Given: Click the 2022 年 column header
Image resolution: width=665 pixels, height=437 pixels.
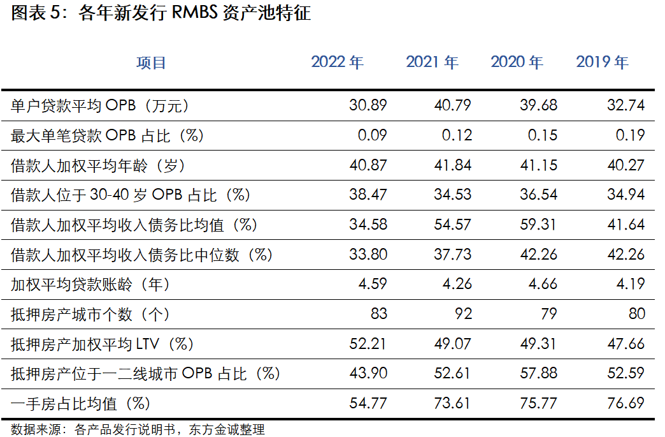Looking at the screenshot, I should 337,63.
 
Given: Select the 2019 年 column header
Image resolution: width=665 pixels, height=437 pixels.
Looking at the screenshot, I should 602,63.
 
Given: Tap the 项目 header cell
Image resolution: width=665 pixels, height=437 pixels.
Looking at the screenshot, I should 151,63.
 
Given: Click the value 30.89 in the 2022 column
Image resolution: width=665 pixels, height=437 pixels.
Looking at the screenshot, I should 368,105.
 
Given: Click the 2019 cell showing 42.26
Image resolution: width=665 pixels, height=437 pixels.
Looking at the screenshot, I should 626,255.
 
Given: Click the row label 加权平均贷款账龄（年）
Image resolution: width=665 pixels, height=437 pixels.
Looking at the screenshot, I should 90,285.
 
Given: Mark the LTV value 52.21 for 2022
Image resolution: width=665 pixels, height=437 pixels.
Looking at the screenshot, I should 368,344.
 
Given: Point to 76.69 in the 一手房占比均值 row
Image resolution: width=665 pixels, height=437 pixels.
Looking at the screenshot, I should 626,403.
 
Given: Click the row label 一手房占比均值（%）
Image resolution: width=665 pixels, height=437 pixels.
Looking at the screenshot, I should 80,403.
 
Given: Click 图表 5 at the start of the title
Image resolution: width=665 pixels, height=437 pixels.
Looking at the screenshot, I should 35,13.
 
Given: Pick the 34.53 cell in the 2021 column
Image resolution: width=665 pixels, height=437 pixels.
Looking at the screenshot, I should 452,195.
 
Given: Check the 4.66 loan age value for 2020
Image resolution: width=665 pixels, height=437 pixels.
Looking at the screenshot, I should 543,285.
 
